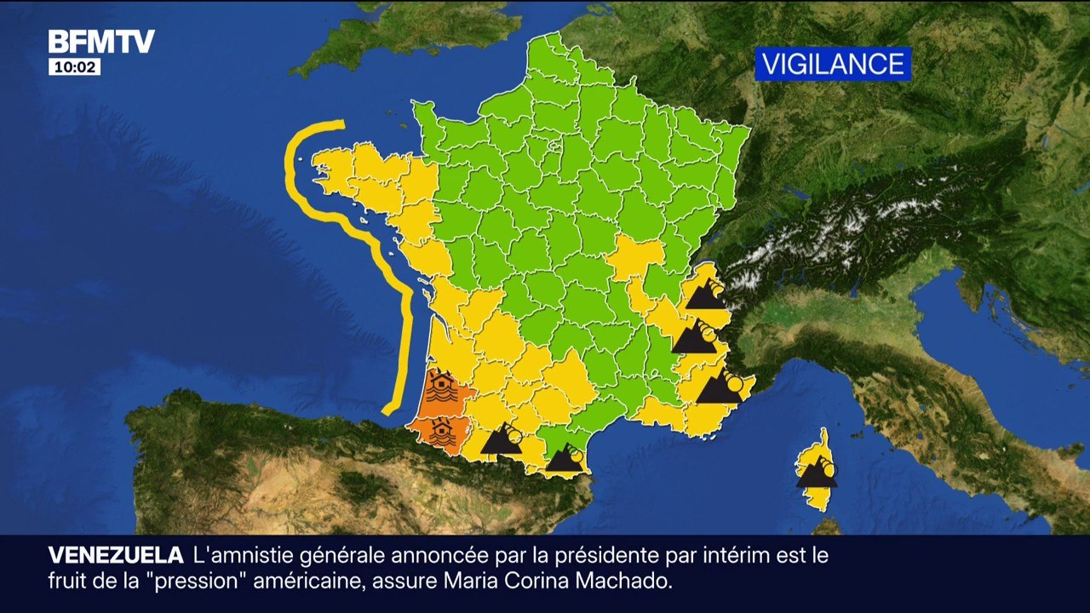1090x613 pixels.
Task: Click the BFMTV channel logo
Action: tap(100, 42)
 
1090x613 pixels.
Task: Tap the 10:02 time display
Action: tap(74, 67)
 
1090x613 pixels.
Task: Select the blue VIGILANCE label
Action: tap(832, 64)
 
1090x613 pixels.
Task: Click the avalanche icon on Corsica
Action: tap(817, 472)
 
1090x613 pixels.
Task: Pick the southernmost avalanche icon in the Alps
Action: tap(720, 387)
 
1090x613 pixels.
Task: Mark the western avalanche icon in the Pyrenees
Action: tap(503, 439)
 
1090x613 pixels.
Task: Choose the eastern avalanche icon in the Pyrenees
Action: tap(565, 460)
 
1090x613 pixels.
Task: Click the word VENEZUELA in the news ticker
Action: tap(116, 556)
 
